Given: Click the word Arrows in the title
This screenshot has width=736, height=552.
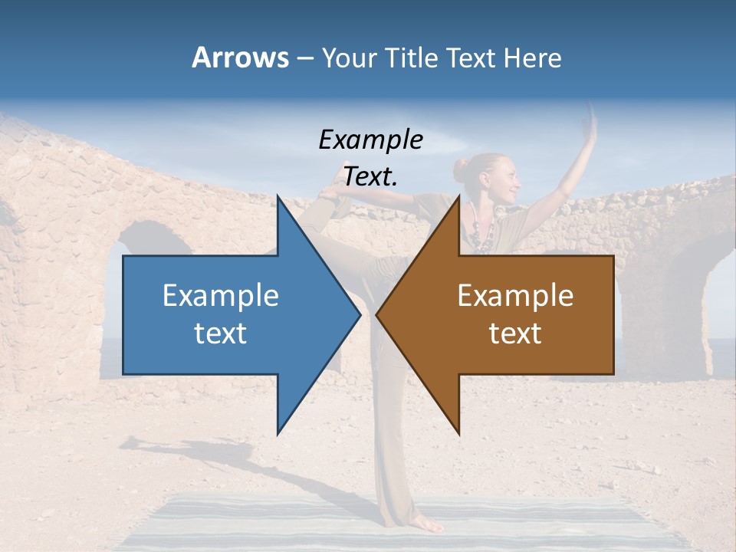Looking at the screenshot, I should [x=241, y=58].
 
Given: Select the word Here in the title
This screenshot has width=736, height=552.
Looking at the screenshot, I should [x=533, y=58].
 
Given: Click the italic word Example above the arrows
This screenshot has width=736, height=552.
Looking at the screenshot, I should [x=370, y=140].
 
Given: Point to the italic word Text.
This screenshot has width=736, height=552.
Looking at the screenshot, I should [x=370, y=176].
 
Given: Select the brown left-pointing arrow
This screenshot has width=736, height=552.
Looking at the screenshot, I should [x=506, y=314].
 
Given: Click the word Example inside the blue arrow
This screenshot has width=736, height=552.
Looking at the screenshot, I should [x=221, y=295].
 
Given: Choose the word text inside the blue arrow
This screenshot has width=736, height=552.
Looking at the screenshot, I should [x=221, y=333].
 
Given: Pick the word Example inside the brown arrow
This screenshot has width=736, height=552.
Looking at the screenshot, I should [x=515, y=295].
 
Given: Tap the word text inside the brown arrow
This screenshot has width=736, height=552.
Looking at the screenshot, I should [x=515, y=333].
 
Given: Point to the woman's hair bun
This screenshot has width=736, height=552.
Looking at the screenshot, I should [x=462, y=170].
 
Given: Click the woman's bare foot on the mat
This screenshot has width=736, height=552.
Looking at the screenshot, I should [x=426, y=525].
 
